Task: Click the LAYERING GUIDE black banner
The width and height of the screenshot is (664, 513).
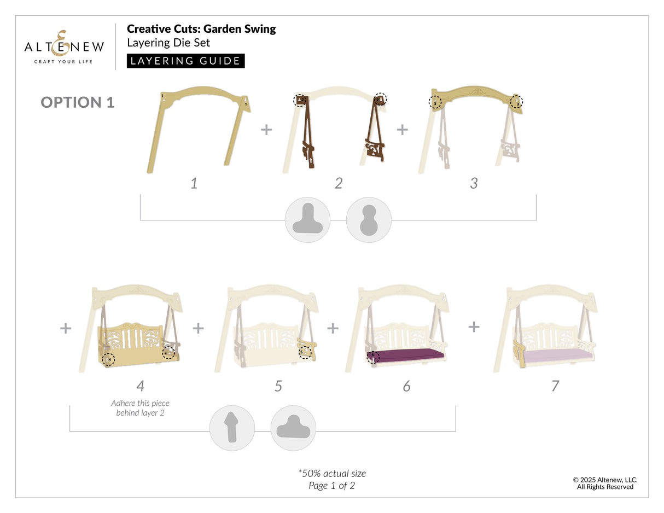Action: tap(186, 61)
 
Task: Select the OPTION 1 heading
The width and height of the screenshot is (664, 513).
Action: tap(78, 102)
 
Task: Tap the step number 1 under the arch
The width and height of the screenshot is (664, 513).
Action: tap(194, 183)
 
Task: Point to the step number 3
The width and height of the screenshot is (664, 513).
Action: tap(474, 183)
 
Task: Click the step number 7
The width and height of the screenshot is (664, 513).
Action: tap(555, 386)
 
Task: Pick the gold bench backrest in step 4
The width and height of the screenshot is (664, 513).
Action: tap(131, 342)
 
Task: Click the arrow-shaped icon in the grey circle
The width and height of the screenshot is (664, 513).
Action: tap(232, 428)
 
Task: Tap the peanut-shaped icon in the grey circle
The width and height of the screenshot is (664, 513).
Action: tap(369, 219)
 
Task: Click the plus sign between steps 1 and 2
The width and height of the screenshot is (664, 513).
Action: tap(266, 130)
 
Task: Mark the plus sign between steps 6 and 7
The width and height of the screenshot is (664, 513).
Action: tap(474, 327)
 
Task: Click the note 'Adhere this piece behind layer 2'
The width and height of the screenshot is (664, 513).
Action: tap(140, 408)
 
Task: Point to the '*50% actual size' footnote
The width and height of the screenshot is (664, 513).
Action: tap(331, 473)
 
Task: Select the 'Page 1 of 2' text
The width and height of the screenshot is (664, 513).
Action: tap(331, 485)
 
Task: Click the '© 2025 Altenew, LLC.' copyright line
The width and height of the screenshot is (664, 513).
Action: tap(605, 480)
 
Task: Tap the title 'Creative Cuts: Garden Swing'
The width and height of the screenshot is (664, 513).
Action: tap(201, 29)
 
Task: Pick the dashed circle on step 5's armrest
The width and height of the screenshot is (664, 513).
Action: tap(305, 352)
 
